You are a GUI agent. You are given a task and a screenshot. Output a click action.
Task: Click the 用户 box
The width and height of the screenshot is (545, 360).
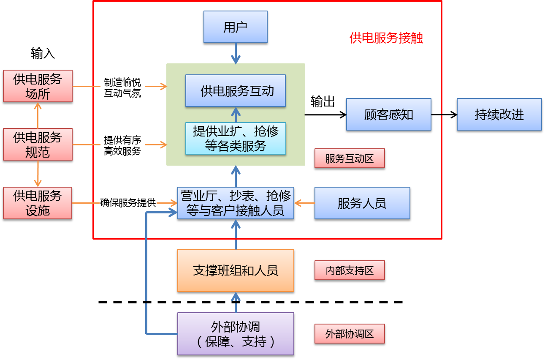click(x=235, y=27)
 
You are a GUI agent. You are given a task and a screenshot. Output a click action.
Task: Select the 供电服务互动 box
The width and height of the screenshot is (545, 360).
click(x=236, y=90)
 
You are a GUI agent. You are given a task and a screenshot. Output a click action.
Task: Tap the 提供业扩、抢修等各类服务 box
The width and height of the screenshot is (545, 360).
click(x=236, y=138)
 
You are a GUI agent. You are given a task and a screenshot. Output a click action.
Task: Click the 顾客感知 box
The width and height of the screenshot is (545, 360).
click(x=388, y=114)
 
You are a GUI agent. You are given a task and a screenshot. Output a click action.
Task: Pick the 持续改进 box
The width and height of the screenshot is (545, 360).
click(x=499, y=114)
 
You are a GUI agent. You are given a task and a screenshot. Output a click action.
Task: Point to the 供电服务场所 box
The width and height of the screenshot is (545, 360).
click(x=38, y=86)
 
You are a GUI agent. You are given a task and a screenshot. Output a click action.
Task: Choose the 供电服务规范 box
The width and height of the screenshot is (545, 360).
click(x=38, y=145)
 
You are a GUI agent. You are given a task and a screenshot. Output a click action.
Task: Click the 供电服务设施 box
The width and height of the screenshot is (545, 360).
click(x=38, y=203)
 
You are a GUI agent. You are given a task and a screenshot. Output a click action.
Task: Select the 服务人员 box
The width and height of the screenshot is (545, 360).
click(x=362, y=203)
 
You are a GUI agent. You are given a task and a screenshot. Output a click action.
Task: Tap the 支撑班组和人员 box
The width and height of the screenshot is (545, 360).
click(x=236, y=270)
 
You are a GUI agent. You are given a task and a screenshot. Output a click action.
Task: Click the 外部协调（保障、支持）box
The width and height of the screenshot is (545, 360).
click(x=236, y=334)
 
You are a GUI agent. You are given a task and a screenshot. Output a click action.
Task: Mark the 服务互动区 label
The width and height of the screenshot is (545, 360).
click(x=350, y=158)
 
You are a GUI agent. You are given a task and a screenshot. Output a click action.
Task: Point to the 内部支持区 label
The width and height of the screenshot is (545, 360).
click(x=350, y=270)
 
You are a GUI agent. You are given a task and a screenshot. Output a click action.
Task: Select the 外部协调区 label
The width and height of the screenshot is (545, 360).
click(x=350, y=334)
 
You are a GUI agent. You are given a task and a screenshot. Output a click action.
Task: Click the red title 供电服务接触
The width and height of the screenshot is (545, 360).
click(x=386, y=38)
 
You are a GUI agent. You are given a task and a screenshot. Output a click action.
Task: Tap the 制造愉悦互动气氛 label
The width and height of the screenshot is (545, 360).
click(x=122, y=87)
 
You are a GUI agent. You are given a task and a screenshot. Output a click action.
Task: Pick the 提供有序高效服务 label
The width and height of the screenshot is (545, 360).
click(x=122, y=145)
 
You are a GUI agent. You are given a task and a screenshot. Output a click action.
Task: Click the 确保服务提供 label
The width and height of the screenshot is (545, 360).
click(x=128, y=203)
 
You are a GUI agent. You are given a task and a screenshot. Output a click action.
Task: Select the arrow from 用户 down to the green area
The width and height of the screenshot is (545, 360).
click(x=236, y=54)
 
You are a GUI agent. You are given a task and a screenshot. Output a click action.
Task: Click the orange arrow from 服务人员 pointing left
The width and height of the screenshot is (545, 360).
click(x=304, y=203)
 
